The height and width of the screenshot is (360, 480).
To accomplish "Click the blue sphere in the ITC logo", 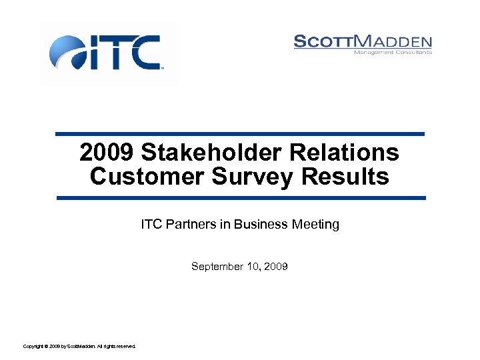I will (x=67, y=52).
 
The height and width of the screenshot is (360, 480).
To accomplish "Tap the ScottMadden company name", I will (x=363, y=41).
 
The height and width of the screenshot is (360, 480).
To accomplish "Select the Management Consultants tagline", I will (x=393, y=52).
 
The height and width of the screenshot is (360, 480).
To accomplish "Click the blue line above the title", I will (x=239, y=134).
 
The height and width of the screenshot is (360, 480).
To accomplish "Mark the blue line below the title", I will (x=241, y=198).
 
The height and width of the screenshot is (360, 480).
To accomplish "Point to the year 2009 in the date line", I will (x=276, y=267).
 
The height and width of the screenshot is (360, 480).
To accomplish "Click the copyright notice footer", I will (x=79, y=347).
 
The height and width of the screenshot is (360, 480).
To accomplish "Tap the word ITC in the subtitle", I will (x=150, y=225).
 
